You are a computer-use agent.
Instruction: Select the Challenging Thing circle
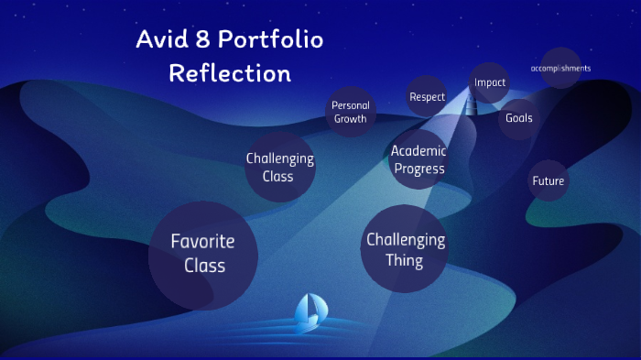pyautogui.click(x=405, y=250)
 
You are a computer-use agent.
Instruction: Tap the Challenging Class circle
pyautogui.click(x=279, y=167)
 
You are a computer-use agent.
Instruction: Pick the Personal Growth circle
pyautogui.click(x=351, y=112)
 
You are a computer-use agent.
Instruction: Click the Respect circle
pyautogui.click(x=427, y=96)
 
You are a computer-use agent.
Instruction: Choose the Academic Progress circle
pyautogui.click(x=418, y=159)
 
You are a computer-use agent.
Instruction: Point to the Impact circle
pyautogui.click(x=490, y=82)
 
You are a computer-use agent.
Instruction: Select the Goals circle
pyautogui.click(x=518, y=118)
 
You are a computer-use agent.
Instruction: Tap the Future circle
pyautogui.click(x=548, y=180)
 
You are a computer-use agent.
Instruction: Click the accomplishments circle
pyautogui.click(x=560, y=69)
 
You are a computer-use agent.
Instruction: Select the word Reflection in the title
pyautogui.click(x=230, y=72)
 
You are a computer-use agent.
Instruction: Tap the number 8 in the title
pyautogui.click(x=208, y=39)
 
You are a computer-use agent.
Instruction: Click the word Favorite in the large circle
pyautogui.click(x=203, y=242)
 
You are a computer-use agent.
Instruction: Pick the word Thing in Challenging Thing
pyautogui.click(x=405, y=261)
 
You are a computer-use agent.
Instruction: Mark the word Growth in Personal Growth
pyautogui.click(x=351, y=119)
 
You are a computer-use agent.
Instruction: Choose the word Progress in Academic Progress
pyautogui.click(x=419, y=169)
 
